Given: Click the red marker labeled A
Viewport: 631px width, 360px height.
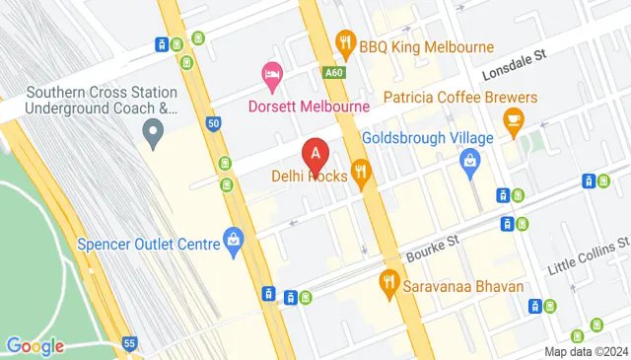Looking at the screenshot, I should [315, 154].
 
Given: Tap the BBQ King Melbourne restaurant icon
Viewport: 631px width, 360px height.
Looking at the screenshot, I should [344, 42].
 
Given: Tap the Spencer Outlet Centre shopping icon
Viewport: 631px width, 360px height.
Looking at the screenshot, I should [233, 238].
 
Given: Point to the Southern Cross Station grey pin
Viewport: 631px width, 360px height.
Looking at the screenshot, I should [153, 129].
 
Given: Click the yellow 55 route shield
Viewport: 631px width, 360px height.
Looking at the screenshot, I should [130, 341].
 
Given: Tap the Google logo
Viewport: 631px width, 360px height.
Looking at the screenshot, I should [35, 345].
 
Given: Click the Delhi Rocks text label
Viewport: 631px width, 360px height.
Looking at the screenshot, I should [309, 179].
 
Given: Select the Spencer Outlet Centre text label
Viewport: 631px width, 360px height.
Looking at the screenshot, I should [148, 244].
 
